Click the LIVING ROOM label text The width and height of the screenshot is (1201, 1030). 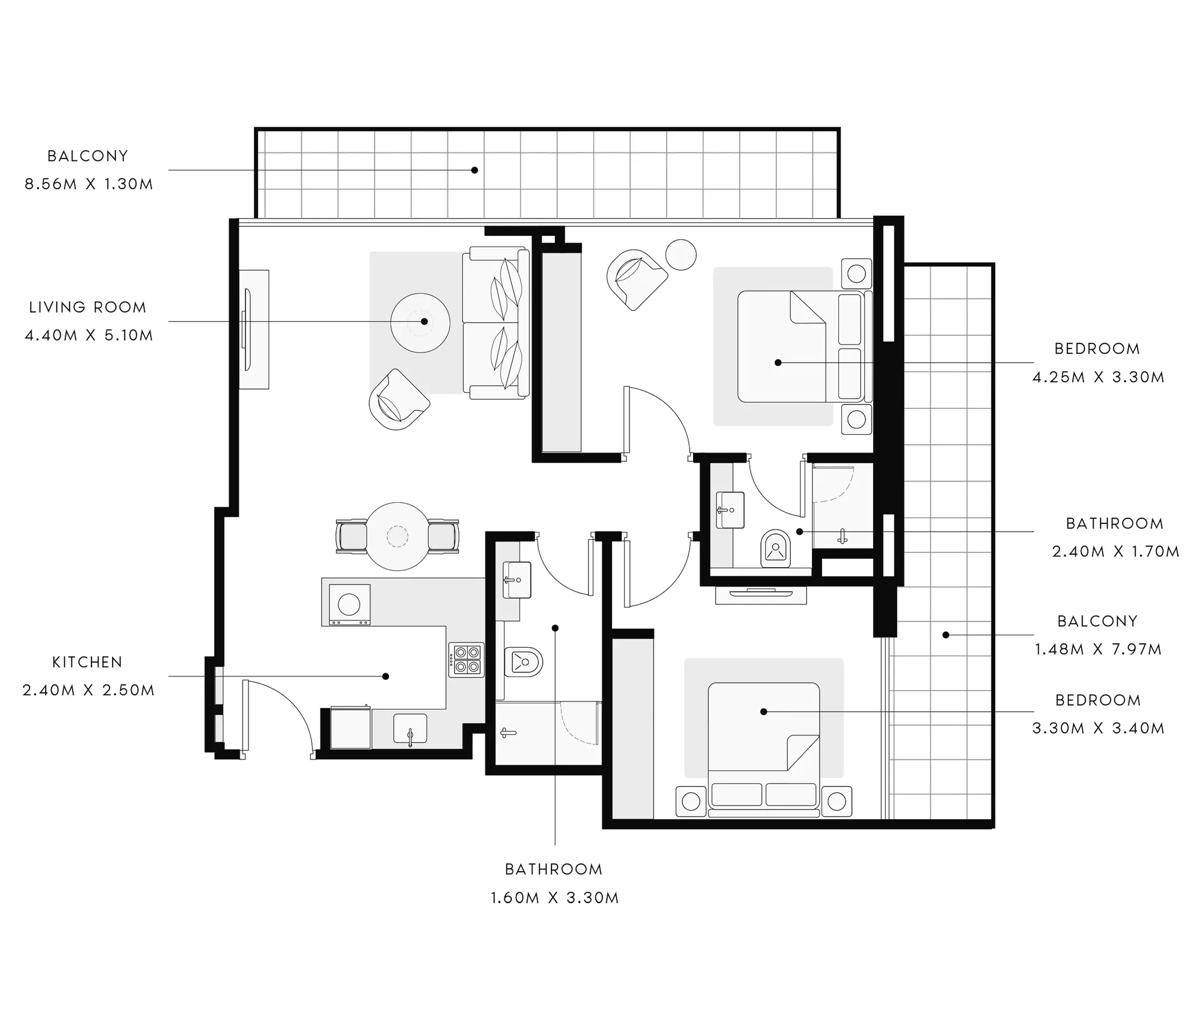click(87, 307)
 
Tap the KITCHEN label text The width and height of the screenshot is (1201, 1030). click(87, 662)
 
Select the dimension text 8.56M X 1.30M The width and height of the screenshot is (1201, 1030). click(89, 185)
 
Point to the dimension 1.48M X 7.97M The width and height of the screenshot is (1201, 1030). click(1098, 649)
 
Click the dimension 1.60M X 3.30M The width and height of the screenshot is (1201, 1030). click(555, 898)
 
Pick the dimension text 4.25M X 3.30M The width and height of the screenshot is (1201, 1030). click(1098, 378)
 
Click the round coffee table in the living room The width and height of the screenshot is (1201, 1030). click(420, 323)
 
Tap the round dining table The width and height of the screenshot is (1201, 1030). click(398, 536)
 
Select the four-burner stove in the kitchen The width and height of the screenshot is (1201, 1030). click(466, 660)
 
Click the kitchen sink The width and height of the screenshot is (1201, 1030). click(410, 728)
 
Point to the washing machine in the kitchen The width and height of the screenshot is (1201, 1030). click(350, 604)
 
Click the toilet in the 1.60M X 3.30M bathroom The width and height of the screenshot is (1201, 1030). click(523, 662)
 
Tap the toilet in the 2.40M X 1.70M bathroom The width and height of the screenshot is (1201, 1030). click(775, 548)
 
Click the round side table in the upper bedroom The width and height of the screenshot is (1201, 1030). click(681, 254)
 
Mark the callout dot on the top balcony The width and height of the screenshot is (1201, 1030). click(475, 170)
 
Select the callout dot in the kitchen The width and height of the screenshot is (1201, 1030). click(386, 676)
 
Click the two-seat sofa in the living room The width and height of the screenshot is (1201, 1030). click(496, 323)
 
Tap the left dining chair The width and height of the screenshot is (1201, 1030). click(351, 536)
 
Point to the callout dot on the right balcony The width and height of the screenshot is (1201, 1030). click(946, 635)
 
